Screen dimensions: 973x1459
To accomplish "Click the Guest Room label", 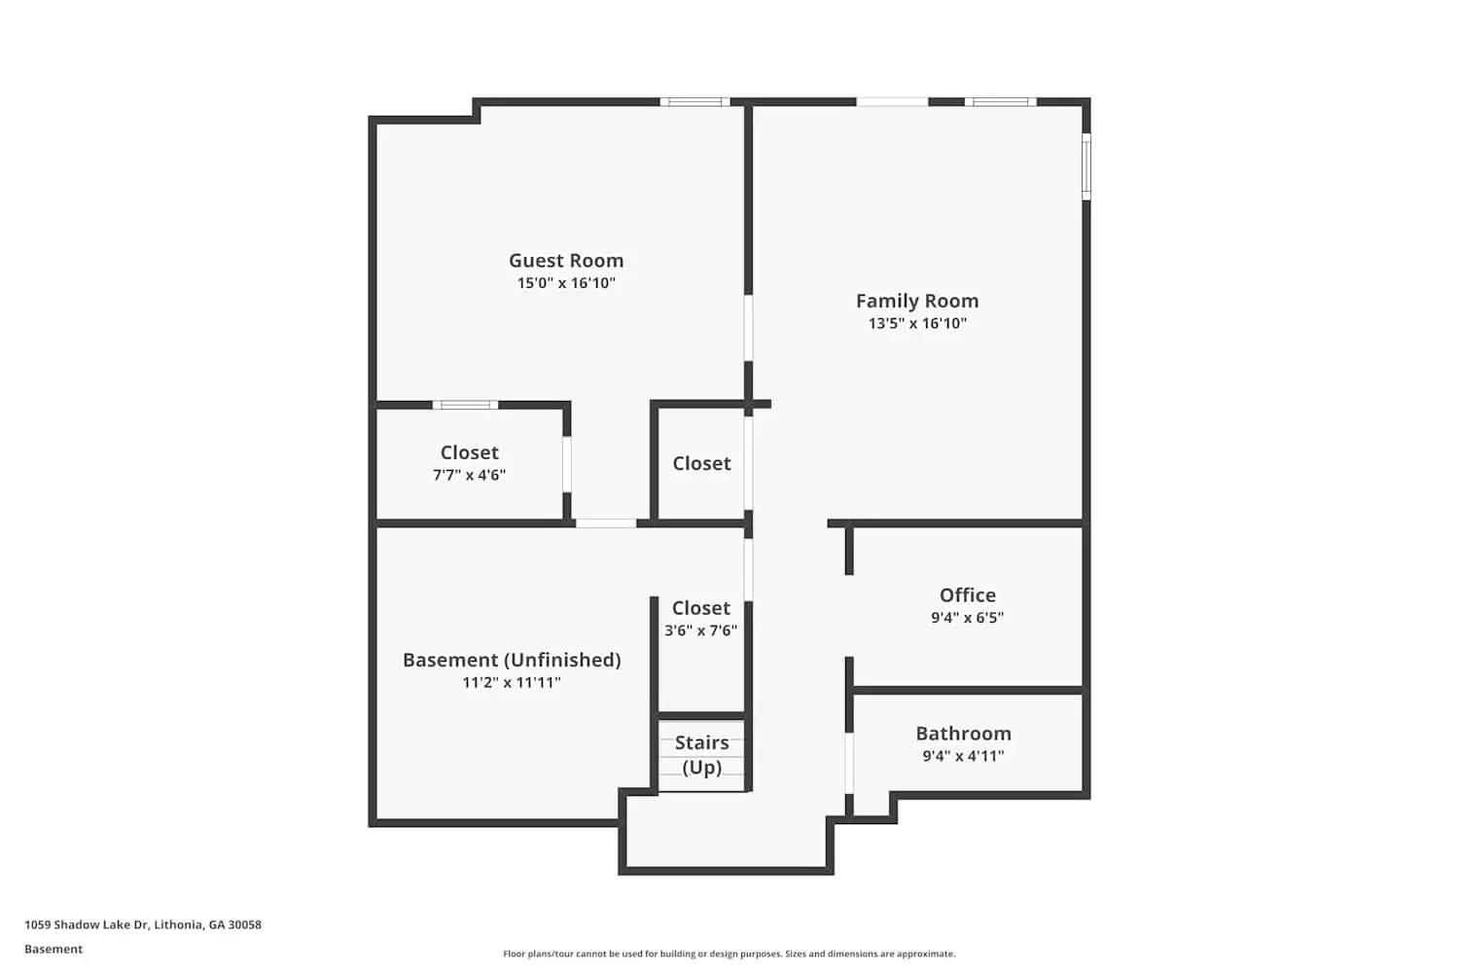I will tap(566, 261).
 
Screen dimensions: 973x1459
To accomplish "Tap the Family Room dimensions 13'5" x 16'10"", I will tap(917, 324).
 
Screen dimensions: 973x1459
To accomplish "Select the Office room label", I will tap(967, 595).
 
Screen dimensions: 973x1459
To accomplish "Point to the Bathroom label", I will tap(963, 734).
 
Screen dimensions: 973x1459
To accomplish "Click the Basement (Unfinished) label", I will tap(512, 660).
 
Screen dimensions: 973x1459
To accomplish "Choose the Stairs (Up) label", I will tap(701, 755).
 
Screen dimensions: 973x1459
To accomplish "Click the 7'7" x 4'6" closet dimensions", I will tap(469, 476).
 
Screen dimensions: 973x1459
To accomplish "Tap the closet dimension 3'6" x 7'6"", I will tap(700, 631).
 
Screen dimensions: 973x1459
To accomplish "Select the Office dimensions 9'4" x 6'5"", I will tap(967, 618).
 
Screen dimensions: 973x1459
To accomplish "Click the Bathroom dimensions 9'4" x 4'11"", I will tap(963, 756).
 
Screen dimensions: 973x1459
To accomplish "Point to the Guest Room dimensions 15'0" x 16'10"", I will tap(566, 283).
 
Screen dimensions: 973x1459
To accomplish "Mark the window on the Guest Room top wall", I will tap(694, 102).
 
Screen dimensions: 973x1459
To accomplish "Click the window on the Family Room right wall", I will tap(1086, 166).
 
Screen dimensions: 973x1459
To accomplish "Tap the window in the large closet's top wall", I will tap(465, 405).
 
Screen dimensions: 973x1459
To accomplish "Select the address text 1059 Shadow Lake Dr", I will tap(143, 925).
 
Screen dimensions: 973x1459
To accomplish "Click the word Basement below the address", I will tap(53, 950).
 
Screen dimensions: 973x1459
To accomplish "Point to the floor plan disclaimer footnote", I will tap(729, 955).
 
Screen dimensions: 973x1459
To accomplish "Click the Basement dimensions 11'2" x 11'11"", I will tap(512, 683).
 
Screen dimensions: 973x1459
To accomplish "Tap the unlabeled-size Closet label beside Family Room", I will tap(701, 464).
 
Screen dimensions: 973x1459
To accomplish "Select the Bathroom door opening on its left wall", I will tap(849, 763).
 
